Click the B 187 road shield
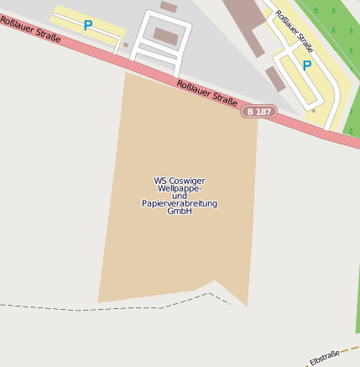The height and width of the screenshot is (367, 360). coord(258,111)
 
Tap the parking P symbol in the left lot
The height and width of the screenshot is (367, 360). coord(87,26)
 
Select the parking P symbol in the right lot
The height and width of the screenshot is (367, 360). coord(307,66)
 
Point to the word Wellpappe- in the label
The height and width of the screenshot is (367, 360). coord(180,188)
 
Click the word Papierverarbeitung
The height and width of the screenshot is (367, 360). coord(180,203)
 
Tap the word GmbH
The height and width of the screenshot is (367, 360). coord(180,211)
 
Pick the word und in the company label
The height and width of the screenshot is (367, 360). coord(180,196)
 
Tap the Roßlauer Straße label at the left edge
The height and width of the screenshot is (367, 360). coord(30,29)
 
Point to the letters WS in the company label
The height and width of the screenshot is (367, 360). coord(160,180)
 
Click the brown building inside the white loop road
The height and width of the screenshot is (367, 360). coord(166,36)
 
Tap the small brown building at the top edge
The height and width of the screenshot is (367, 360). coord(169,7)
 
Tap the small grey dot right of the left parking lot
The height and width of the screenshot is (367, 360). coord(126,45)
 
